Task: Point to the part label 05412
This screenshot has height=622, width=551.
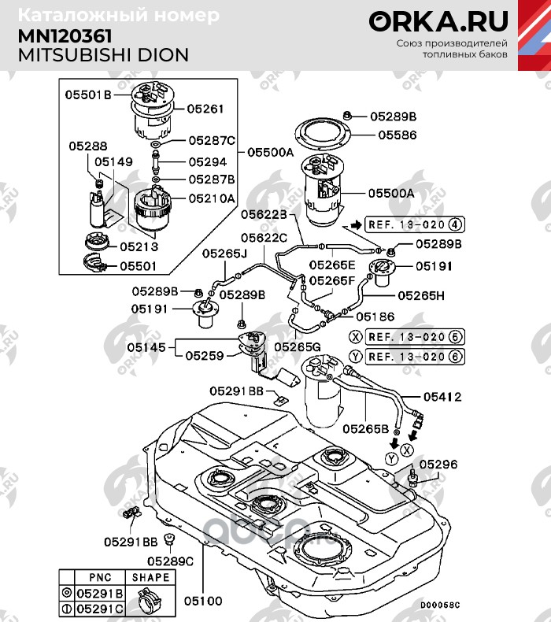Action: point(442,397)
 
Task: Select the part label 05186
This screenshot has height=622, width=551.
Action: point(374,316)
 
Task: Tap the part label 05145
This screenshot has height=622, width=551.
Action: point(146,346)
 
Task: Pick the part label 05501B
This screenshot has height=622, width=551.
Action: point(87,94)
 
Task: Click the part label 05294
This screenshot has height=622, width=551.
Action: point(206,161)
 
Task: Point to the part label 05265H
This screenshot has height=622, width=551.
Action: point(420,295)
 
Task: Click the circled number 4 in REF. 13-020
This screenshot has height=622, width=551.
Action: point(456,225)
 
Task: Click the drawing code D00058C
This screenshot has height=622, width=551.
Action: point(438,605)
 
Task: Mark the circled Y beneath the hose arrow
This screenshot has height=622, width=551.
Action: point(391,459)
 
